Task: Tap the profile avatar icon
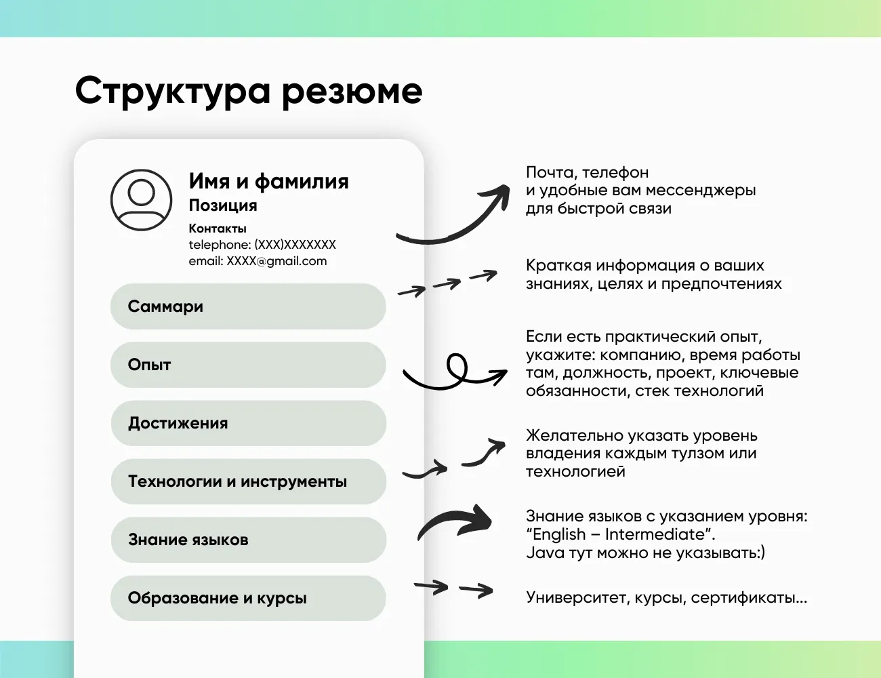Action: [141, 200]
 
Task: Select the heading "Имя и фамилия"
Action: [268, 181]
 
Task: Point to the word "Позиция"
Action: [222, 205]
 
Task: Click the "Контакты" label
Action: [218, 228]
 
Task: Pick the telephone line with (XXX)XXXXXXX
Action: [262, 245]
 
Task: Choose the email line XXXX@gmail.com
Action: [258, 261]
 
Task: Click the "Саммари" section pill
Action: [248, 306]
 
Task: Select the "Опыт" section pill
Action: [248, 365]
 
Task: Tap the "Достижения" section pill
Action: [248, 423]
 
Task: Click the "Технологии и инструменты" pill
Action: [248, 481]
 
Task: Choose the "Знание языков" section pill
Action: [248, 540]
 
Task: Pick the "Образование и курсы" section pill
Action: [248, 598]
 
